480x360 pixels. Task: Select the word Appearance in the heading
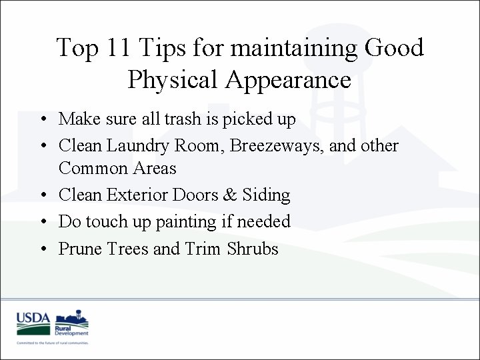coord(288,79)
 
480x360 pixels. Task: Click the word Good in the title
coord(395,47)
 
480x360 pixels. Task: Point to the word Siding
coord(267,195)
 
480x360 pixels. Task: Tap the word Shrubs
coord(252,248)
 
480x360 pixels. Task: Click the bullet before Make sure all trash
coord(42,119)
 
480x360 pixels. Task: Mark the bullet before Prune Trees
coord(42,249)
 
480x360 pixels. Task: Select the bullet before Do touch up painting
coord(42,222)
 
